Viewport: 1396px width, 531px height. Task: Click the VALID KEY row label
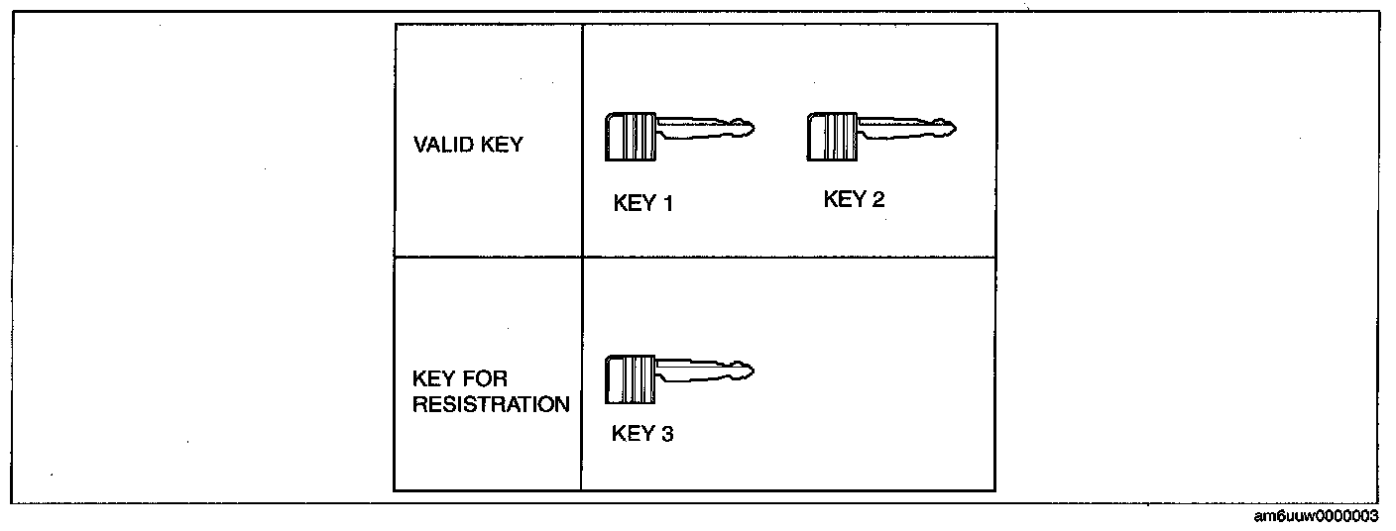coord(468,144)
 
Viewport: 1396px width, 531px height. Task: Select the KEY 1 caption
coord(643,204)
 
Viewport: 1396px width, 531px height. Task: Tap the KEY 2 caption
coord(854,199)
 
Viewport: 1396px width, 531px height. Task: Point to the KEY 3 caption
coord(642,433)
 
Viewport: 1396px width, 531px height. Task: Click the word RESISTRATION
coord(492,404)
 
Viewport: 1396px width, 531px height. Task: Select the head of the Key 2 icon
coord(831,136)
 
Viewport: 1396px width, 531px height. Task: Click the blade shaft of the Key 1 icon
coord(699,129)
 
